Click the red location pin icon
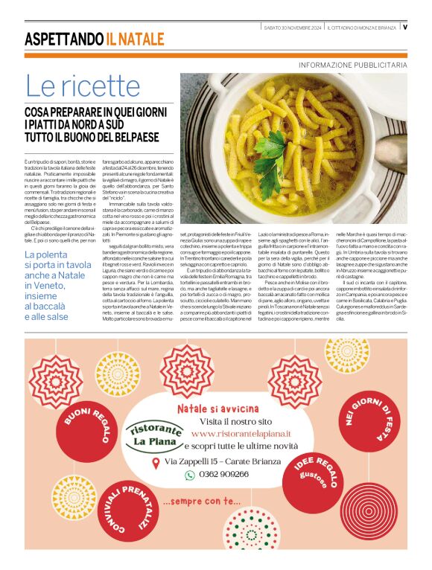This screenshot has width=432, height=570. (x=155, y=463)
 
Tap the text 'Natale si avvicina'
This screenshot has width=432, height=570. (x=217, y=409)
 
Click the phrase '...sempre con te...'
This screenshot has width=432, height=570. (x=201, y=501)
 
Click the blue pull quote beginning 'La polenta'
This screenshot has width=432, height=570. (x=55, y=284)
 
